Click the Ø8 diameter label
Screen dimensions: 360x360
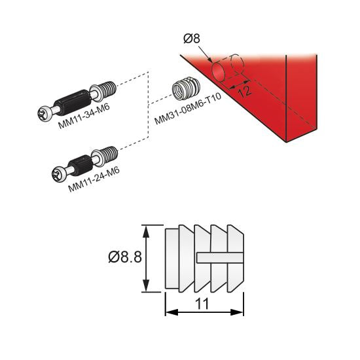[x=192, y=39]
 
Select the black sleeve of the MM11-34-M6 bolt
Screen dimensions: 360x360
[x=72, y=101]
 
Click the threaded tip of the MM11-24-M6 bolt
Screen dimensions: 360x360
[x=110, y=154]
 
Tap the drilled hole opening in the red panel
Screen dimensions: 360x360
[x=216, y=70]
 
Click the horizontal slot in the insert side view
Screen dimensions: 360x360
[x=220, y=257]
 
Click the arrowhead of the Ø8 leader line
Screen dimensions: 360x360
[x=211, y=61]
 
